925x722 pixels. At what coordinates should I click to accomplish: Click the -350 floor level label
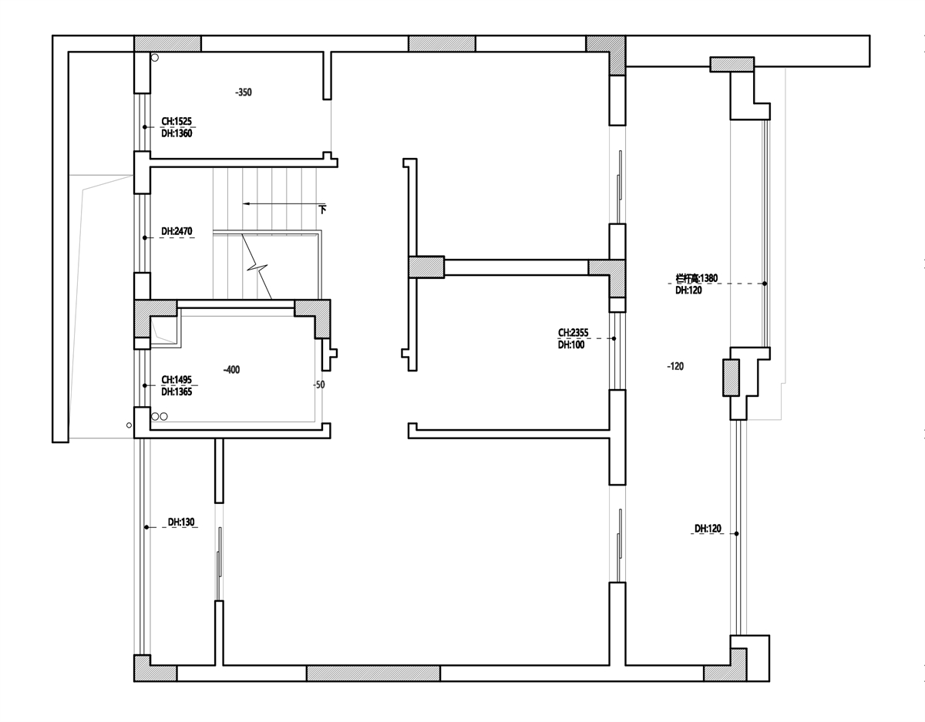pyautogui.click(x=244, y=92)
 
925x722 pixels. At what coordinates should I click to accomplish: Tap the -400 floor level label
pyautogui.click(x=231, y=370)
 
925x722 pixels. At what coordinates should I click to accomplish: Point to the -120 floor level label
pyautogui.click(x=675, y=366)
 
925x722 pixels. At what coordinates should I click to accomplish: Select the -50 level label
pyautogui.click(x=319, y=385)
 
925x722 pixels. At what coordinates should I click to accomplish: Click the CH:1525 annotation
pyautogui.click(x=177, y=121)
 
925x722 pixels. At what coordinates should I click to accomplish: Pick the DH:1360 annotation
pyautogui.click(x=177, y=133)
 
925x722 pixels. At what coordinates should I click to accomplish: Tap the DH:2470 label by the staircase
pyautogui.click(x=177, y=231)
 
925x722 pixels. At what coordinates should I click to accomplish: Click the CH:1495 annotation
pyautogui.click(x=177, y=380)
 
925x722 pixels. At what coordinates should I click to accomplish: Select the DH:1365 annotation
pyautogui.click(x=177, y=392)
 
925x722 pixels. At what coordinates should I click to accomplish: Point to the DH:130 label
pyautogui.click(x=181, y=522)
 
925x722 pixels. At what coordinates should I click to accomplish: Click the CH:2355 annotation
pyautogui.click(x=573, y=333)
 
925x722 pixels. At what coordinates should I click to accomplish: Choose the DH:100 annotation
pyautogui.click(x=571, y=345)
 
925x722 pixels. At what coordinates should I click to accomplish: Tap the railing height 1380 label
pyautogui.click(x=696, y=278)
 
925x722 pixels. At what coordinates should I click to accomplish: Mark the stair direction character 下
pyautogui.click(x=323, y=210)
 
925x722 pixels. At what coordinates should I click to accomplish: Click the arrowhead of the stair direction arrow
pyautogui.click(x=246, y=203)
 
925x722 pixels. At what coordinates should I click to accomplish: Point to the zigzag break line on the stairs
pyautogui.click(x=257, y=267)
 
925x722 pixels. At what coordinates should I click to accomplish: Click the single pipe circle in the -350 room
pyautogui.click(x=155, y=58)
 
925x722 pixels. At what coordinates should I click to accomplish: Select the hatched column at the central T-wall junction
pyautogui.click(x=426, y=267)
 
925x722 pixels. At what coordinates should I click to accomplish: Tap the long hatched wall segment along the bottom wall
pyautogui.click(x=373, y=673)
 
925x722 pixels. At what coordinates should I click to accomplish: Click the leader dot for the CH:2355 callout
pyautogui.click(x=614, y=339)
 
